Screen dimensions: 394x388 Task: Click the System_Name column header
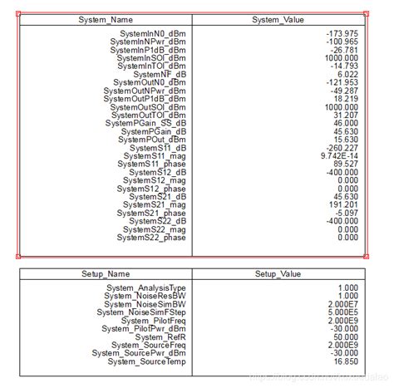click(105, 18)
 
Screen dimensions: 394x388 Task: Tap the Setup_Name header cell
click(105, 273)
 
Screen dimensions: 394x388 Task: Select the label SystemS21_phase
click(153, 213)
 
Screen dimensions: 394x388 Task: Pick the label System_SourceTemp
click(147, 361)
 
